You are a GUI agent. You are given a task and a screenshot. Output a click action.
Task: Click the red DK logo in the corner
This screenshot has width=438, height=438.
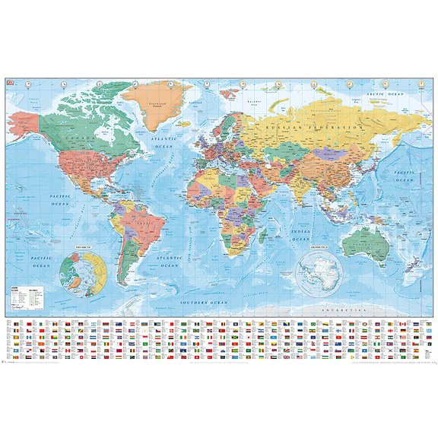coord(8,81)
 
